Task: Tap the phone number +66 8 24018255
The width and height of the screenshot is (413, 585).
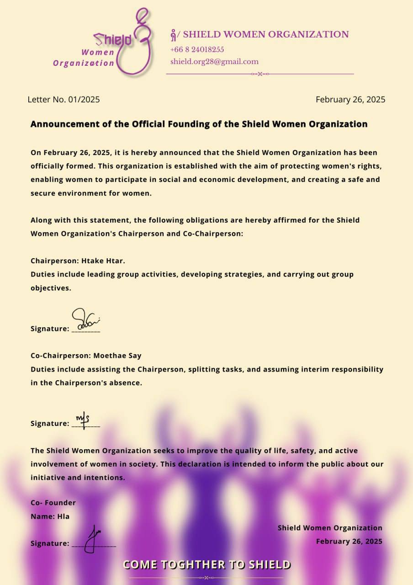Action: click(x=197, y=50)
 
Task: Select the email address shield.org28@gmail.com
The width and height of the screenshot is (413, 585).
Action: click(x=214, y=62)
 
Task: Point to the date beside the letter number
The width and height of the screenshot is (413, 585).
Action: click(x=350, y=99)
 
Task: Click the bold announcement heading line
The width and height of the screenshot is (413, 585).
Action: click(x=199, y=124)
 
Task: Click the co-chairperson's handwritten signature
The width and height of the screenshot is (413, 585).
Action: click(x=83, y=419)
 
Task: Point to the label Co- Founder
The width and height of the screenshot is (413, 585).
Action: click(x=53, y=503)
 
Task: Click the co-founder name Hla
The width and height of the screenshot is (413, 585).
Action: click(x=64, y=516)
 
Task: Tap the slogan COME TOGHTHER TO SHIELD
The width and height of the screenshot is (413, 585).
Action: click(x=206, y=564)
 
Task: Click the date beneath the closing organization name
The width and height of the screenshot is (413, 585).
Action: click(x=349, y=541)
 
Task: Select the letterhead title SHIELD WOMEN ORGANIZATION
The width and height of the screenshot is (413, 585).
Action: click(x=265, y=34)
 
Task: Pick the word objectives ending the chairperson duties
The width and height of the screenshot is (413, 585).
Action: click(x=50, y=288)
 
